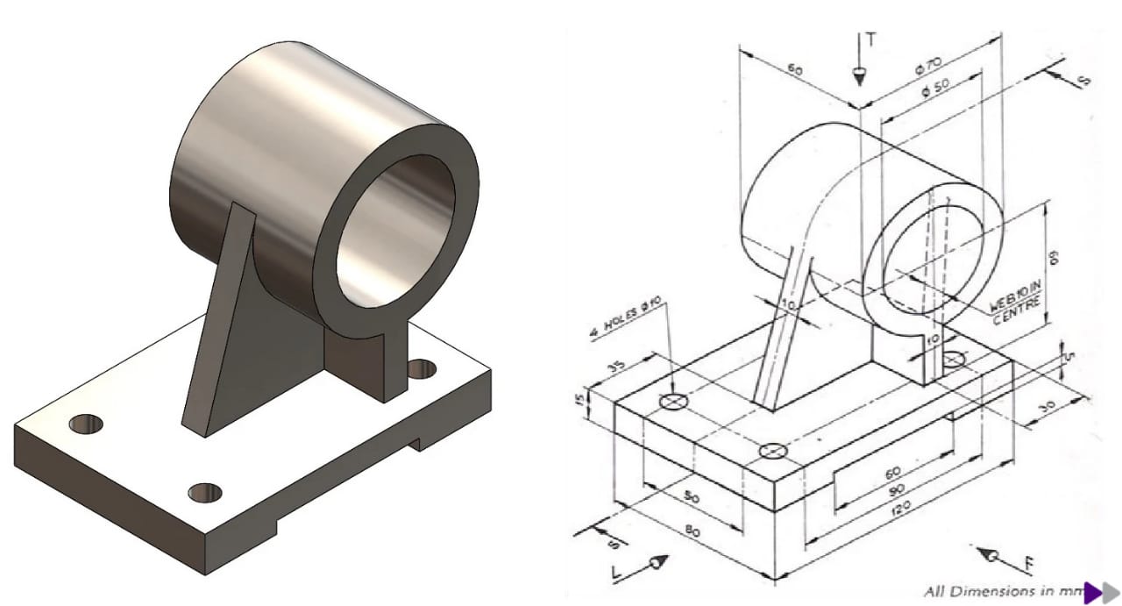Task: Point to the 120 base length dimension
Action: [x=903, y=508]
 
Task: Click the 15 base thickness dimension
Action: [x=602, y=399]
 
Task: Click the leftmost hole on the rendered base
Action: [x=85, y=424]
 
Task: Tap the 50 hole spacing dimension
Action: [x=692, y=497]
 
